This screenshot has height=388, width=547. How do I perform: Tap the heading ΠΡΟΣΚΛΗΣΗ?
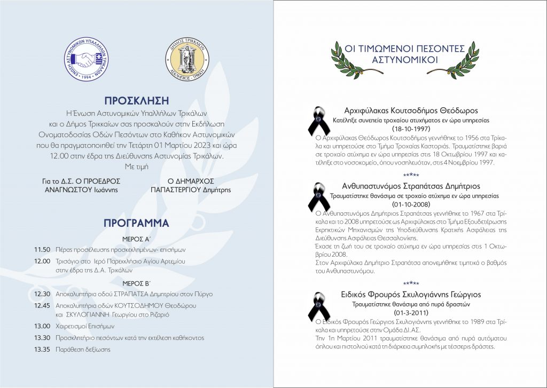point(137,100)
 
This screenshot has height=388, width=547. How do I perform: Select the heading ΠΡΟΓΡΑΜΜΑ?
point(137,222)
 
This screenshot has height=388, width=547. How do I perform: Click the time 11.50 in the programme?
point(42,249)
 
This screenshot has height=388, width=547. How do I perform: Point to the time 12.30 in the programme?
point(42,294)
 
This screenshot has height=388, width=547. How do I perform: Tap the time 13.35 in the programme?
point(42,350)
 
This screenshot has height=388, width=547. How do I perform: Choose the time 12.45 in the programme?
point(42,305)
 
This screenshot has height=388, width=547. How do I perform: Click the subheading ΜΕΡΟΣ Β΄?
point(136,282)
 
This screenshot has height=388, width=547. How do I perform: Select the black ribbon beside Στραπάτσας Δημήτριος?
point(318,197)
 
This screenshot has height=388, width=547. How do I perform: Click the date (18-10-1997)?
point(411,129)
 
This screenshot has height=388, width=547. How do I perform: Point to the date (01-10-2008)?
point(411,204)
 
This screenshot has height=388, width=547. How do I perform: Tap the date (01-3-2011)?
point(411,312)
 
